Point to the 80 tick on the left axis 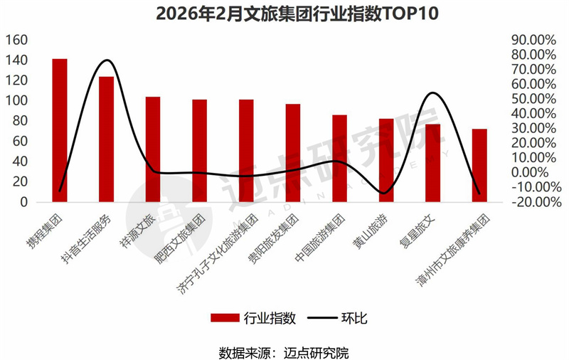tap(19, 121)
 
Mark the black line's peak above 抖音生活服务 tap(106, 60)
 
